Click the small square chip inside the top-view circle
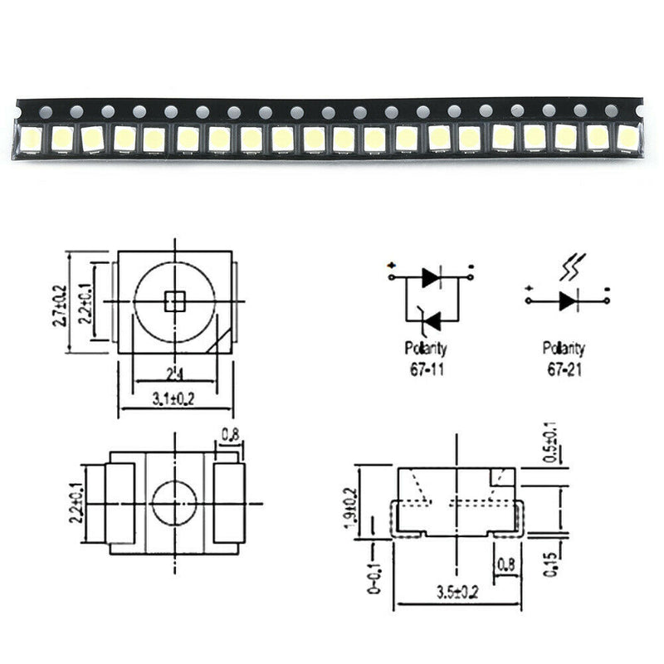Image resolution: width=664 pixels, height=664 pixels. [175, 300]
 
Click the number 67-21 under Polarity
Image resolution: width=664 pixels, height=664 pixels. [563, 365]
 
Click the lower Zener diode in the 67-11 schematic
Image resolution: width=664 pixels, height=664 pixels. [430, 319]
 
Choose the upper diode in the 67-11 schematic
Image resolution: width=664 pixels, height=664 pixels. [430, 277]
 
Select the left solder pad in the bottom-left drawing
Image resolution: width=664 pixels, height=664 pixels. [118, 504]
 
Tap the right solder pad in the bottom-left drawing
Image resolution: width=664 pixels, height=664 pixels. [228, 504]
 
